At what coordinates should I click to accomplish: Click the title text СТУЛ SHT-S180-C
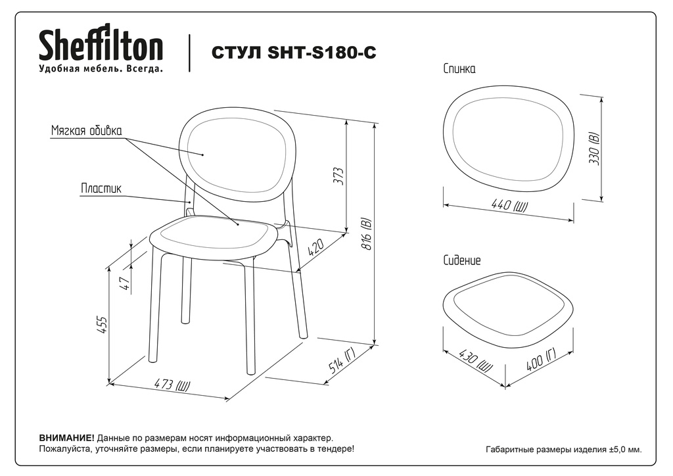(294, 53)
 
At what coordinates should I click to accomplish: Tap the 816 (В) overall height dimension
(366, 235)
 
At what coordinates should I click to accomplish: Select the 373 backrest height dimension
(339, 176)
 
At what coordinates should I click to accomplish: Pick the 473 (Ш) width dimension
(172, 384)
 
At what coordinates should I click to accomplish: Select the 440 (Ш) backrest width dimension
(509, 205)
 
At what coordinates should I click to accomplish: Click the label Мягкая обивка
(86, 130)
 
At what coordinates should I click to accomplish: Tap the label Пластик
(101, 189)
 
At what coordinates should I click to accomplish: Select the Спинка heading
(459, 68)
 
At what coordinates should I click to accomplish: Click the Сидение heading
(462, 260)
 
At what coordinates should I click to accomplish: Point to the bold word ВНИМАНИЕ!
(66, 439)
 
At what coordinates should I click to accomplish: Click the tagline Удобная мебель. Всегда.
(101, 68)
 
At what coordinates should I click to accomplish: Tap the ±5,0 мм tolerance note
(626, 450)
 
